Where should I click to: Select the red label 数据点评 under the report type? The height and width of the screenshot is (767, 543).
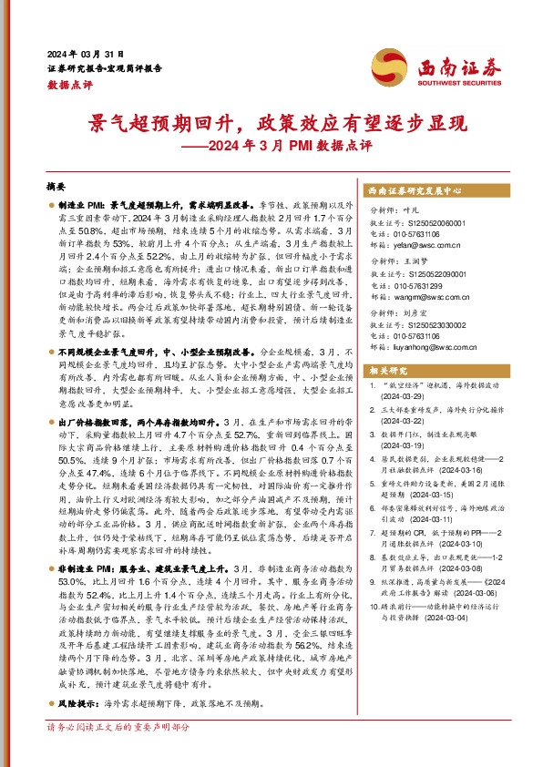[x=68, y=83]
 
